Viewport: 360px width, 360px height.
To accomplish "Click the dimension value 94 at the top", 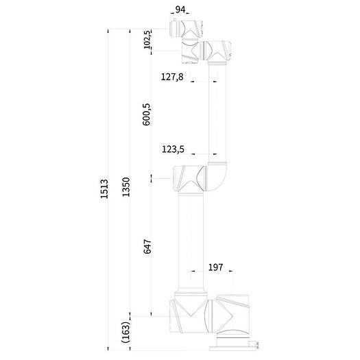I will coord(180,10).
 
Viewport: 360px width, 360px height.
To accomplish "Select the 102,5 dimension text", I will coord(147,40).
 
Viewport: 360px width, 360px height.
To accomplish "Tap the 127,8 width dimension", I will coord(171,77).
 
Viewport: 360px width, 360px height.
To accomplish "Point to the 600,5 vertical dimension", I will coord(147,114).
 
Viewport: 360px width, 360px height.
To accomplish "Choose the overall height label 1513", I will coord(105,189).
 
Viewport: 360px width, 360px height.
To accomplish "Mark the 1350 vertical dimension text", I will coord(126,189).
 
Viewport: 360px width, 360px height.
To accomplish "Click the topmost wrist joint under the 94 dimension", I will coord(185,29).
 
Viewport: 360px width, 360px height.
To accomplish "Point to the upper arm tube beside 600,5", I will coord(217,110).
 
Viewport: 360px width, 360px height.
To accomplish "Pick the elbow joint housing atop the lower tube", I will coord(189,178).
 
